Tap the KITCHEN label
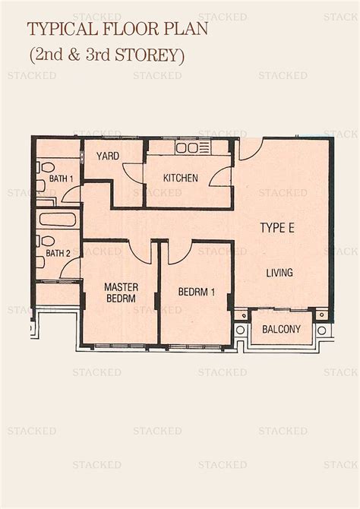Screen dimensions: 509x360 [181, 179]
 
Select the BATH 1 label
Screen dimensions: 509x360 [61, 179]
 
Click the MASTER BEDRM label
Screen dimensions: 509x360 [120, 293]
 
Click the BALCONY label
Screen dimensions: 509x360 [281, 330]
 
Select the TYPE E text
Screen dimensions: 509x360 [278, 227]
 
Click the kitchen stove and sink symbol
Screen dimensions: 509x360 [193, 147]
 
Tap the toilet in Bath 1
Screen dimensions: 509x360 [42, 168]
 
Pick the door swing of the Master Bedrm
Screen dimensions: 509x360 [140, 253]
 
